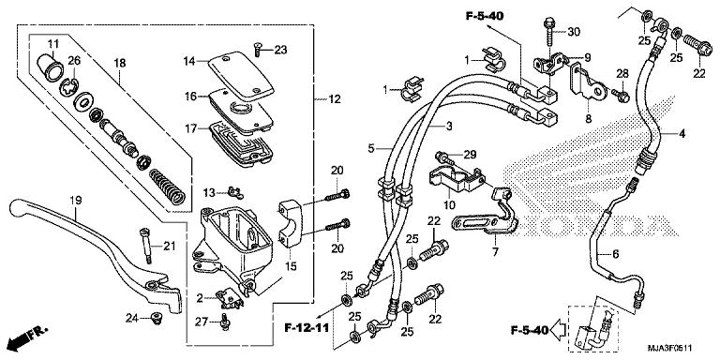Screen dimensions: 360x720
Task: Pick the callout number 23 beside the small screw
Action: click(x=281, y=50)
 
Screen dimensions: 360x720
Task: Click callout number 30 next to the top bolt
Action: click(x=574, y=32)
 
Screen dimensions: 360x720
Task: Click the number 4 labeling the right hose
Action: click(x=682, y=134)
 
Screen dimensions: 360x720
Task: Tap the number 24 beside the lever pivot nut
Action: click(x=132, y=320)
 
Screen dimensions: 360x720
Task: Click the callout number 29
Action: click(x=470, y=153)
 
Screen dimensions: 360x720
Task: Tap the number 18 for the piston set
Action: click(x=119, y=63)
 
